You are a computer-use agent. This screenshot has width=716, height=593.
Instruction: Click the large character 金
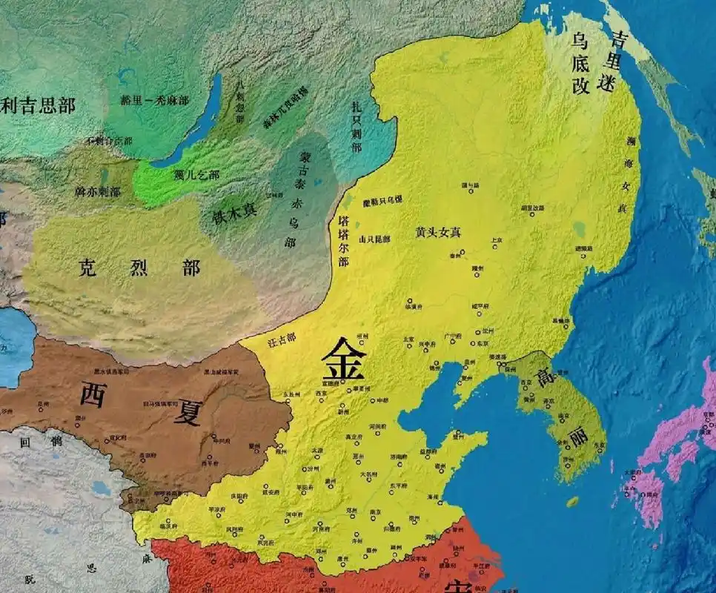[x=343, y=361]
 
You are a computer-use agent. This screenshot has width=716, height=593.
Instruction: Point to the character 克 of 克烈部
[x=89, y=268]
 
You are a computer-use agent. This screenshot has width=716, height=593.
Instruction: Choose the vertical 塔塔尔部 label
[x=343, y=241]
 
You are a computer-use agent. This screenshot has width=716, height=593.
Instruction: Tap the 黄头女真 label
[x=438, y=232]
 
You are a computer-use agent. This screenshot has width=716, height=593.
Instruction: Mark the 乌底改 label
[x=581, y=64]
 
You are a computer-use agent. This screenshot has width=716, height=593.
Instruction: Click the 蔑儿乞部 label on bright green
[x=196, y=175]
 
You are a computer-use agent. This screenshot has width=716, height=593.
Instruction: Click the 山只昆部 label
[x=374, y=239]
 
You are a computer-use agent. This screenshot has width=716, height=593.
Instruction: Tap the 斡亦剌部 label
[x=98, y=191]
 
